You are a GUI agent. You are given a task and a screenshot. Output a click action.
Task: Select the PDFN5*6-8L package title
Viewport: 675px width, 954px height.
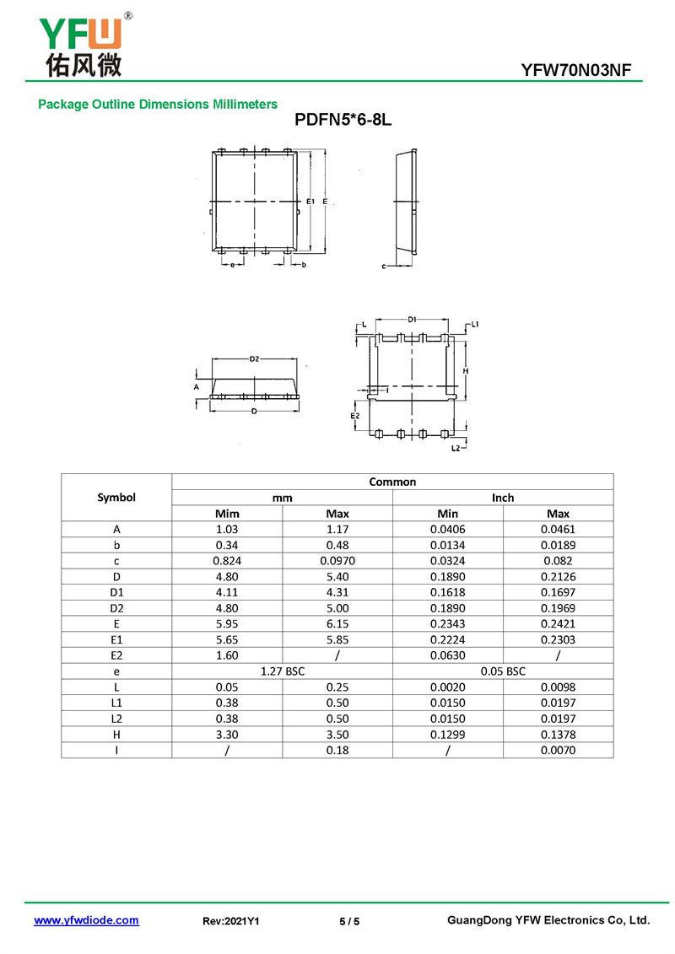point(343,121)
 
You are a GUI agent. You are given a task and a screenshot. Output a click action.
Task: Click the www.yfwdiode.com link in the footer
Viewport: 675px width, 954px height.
point(86,920)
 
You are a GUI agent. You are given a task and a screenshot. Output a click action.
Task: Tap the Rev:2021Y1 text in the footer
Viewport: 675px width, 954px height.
point(230,921)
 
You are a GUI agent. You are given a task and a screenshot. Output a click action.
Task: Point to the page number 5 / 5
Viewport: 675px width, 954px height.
point(349,921)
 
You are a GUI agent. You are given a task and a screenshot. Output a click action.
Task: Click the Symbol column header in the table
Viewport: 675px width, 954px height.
point(116,497)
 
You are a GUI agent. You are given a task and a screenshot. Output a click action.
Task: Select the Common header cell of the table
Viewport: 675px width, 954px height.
point(392,482)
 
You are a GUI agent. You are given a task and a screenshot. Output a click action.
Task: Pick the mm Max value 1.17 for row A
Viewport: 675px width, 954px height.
point(337,529)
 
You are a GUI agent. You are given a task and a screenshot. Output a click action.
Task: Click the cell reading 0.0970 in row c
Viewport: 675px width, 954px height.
point(337,561)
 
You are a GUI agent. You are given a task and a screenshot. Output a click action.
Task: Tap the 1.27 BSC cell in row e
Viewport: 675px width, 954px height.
point(282,671)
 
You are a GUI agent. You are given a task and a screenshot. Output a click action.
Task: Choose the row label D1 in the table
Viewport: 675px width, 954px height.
point(116,592)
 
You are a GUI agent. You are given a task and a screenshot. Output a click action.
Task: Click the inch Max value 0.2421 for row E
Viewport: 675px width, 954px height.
point(558,624)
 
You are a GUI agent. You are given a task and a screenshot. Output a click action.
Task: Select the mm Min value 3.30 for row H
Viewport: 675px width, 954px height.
point(227,735)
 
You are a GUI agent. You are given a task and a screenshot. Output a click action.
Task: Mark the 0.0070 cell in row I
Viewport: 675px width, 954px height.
point(558,751)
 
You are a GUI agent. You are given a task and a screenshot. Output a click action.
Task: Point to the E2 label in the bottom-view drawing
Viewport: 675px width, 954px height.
point(355,416)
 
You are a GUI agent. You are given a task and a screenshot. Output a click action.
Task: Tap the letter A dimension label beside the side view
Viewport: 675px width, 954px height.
point(197,386)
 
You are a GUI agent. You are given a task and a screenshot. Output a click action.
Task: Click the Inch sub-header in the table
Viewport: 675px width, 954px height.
point(503,498)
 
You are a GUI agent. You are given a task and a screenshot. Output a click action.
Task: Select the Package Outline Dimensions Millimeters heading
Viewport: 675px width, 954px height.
point(158,105)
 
